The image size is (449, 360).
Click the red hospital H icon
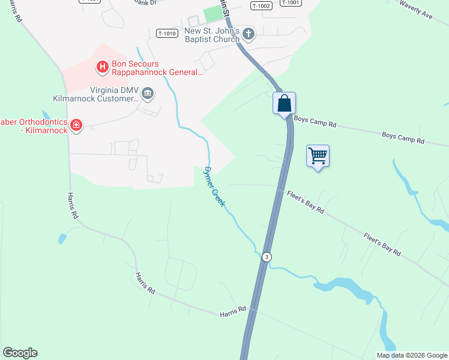(103, 66)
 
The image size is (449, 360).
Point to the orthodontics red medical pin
(76, 125)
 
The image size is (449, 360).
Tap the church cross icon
(248, 35)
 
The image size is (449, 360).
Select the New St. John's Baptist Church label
(212, 35)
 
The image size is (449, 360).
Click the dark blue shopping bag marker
(284, 103)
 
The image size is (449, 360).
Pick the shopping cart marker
(318, 156)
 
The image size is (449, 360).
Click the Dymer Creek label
(214, 187)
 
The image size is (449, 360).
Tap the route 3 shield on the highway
(267, 257)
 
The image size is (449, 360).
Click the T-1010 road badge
(167, 34)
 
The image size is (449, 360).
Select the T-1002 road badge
(262, 5)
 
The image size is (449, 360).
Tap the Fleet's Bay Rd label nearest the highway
(306, 202)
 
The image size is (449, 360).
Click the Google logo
(20, 353)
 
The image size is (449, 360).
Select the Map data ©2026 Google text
(412, 355)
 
